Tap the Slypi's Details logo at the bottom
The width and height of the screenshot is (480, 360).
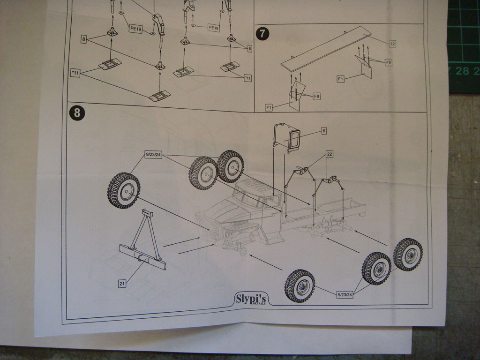pyautogui.click(x=251, y=299)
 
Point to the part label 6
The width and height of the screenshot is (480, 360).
pyautogui.click(x=323, y=131)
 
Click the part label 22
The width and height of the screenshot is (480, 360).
pyautogui.click(x=330, y=154)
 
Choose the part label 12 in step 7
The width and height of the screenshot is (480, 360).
pyautogui.click(x=392, y=44)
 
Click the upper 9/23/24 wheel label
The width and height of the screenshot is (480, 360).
pyautogui.click(x=153, y=154)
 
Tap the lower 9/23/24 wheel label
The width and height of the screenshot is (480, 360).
pyautogui.click(x=345, y=295)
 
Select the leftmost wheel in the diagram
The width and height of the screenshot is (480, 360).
pyautogui.click(x=124, y=190)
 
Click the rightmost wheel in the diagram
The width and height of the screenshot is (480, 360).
pyautogui.click(x=408, y=255)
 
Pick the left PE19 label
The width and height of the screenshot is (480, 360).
pyautogui.click(x=135, y=29)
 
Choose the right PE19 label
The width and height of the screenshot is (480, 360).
pyautogui.click(x=213, y=28)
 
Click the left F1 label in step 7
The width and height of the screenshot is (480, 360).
pyautogui.click(x=269, y=108)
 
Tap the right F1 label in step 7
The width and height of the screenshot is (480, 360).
pyautogui.click(x=341, y=79)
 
